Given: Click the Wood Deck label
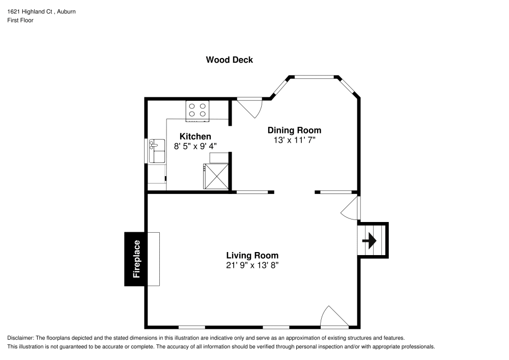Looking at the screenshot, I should click(x=229, y=60).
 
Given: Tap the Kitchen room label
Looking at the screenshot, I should click(x=195, y=136).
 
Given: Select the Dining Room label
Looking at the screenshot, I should click(x=294, y=130).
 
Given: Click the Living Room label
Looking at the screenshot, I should click(x=252, y=256).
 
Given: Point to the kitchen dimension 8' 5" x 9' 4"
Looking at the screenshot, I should click(x=195, y=146).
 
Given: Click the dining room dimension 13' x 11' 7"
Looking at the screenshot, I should click(x=294, y=140).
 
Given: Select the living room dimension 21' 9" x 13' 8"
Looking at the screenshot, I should click(x=252, y=265).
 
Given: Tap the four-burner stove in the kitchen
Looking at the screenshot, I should click(x=198, y=110).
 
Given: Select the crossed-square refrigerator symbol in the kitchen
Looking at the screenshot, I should click(x=216, y=176).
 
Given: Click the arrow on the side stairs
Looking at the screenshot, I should click(x=370, y=240).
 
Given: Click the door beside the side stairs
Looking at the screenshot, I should click(x=352, y=208).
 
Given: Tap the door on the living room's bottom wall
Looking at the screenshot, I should click(x=334, y=317).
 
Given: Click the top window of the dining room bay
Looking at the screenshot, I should click(x=315, y=77).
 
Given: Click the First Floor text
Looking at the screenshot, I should click(x=20, y=20).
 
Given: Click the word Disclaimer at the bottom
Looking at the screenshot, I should click(x=20, y=338).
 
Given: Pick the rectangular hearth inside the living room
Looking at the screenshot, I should click(x=154, y=259).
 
